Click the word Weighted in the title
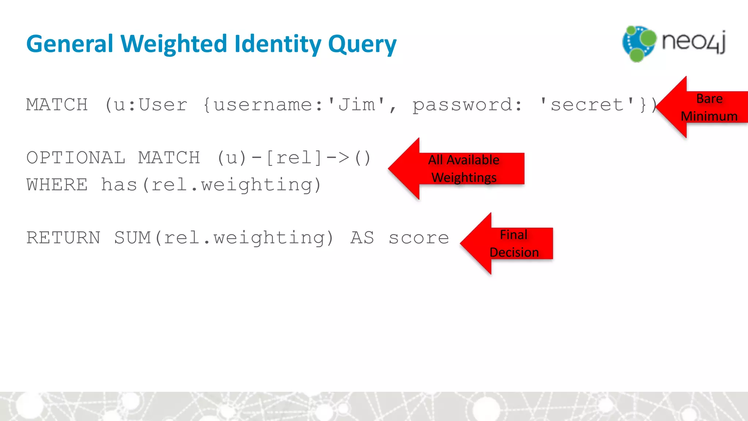(174, 44)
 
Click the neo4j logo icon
(639, 43)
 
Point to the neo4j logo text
(694, 42)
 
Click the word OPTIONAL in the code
(76, 158)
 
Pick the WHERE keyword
(57, 185)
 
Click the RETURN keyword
(63, 238)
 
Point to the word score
(419, 238)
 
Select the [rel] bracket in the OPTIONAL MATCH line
(294, 158)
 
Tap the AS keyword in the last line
(362, 238)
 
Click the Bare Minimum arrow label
(709, 107)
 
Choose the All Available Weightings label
(464, 168)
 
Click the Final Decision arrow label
(514, 243)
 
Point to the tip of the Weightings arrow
(389, 168)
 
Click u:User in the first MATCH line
(150, 105)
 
